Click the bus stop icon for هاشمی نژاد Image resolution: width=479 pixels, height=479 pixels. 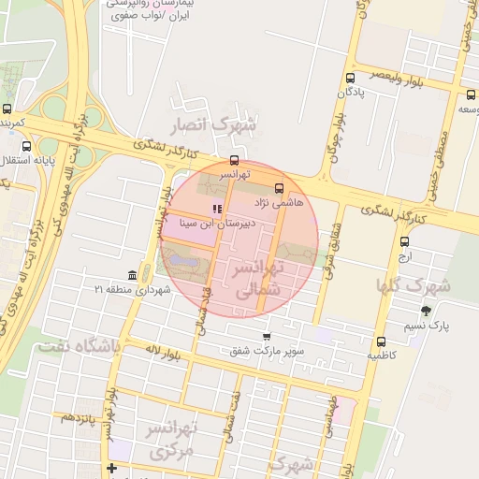(279, 188)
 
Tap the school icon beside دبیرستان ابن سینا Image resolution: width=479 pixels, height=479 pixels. (218, 208)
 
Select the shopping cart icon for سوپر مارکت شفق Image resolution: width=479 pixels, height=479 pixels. (268, 337)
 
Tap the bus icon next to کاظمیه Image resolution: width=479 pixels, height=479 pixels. (380, 341)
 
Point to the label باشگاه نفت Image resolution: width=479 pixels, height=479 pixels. (79, 347)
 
